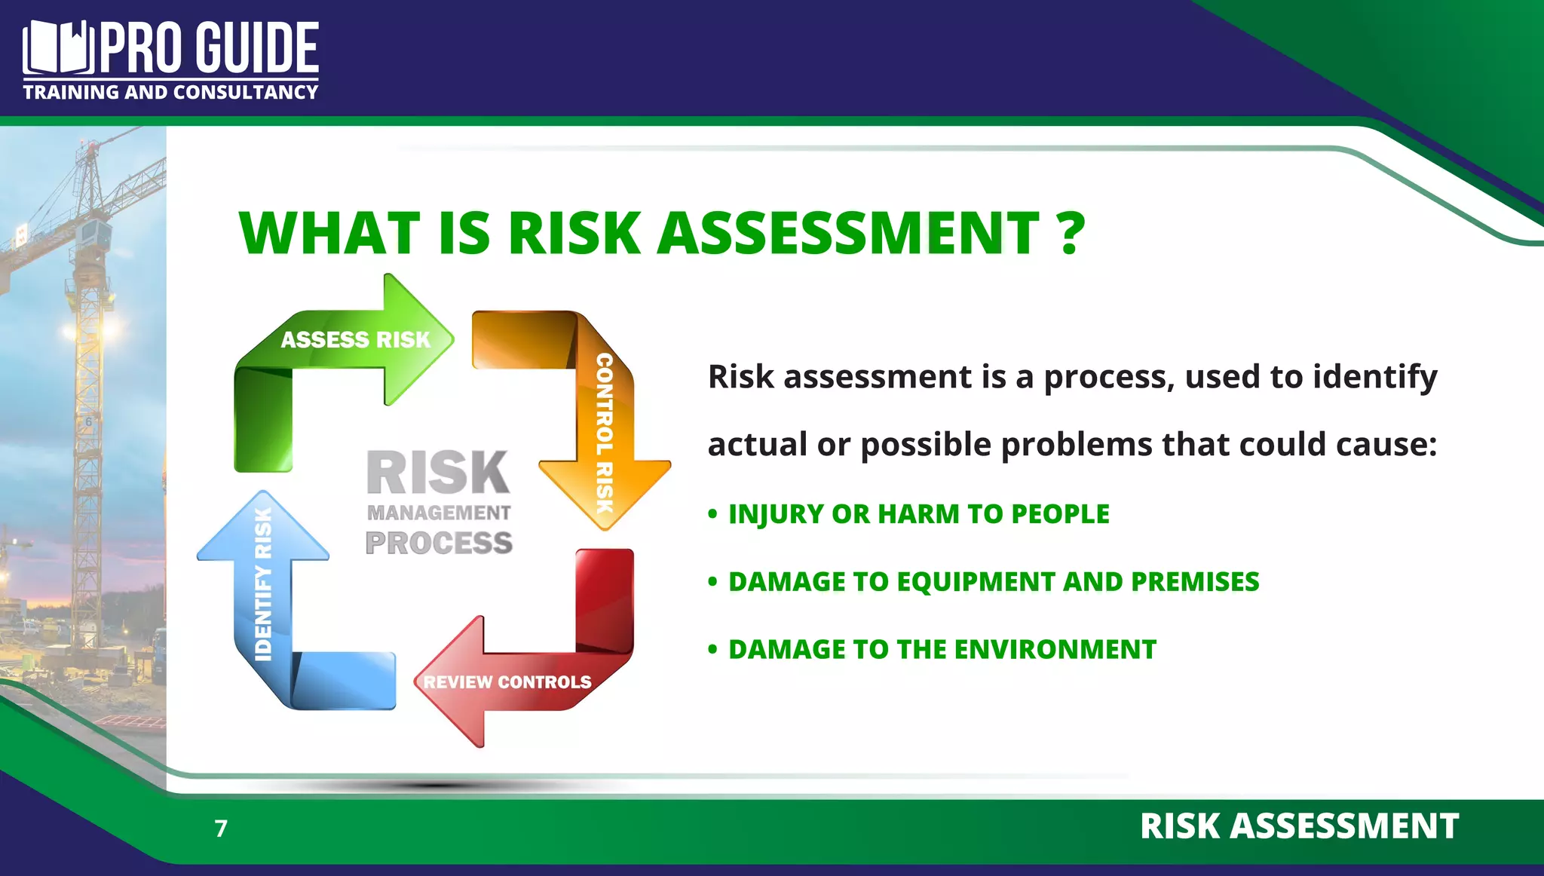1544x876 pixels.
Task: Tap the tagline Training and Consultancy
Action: [x=170, y=93]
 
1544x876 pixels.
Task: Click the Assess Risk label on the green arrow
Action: [x=355, y=340]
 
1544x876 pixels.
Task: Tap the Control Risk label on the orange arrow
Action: [x=605, y=433]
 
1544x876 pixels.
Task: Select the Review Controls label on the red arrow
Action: [x=507, y=682]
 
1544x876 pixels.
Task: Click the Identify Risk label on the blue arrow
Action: [x=263, y=584]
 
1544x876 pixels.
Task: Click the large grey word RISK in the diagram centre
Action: [x=438, y=473]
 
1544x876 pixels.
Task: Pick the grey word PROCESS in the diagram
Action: [x=439, y=543]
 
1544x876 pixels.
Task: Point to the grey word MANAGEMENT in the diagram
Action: [x=439, y=513]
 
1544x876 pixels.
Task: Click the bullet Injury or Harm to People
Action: [x=918, y=514]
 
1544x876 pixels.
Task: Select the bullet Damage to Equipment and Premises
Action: [x=993, y=582]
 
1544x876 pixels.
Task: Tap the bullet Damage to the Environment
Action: [x=942, y=650]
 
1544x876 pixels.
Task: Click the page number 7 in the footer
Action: [x=221, y=829]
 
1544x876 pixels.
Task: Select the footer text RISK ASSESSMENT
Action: [x=1299, y=826]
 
